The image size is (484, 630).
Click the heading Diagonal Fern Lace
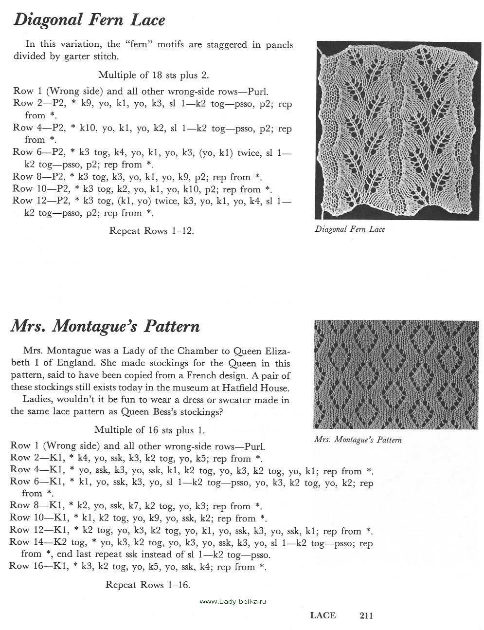90,19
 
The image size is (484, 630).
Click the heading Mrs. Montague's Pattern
105,326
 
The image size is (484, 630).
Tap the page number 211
366,615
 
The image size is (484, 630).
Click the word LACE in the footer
323,615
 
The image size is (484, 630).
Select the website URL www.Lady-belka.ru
233,602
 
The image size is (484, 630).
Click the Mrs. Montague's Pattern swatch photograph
396,374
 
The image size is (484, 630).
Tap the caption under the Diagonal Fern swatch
350,229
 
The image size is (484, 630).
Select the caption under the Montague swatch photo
358,440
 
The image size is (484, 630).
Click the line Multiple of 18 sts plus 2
154,75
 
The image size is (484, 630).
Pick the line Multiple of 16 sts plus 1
150,430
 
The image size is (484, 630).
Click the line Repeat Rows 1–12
152,231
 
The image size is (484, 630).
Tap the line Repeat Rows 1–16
148,585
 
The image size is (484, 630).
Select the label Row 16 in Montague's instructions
23,567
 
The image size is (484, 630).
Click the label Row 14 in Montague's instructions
23,542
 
